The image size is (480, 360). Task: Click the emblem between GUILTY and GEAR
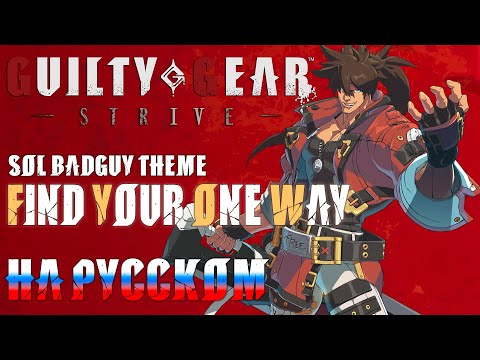176,76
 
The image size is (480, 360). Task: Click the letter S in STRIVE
87,116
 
